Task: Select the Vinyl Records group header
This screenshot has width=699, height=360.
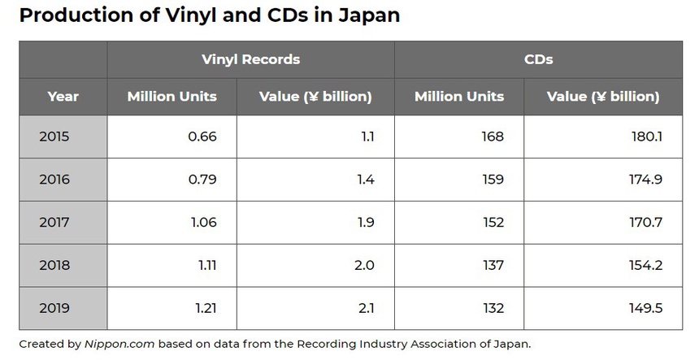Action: (x=250, y=59)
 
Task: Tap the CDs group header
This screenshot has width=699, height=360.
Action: (x=537, y=59)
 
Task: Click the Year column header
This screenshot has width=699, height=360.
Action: (x=63, y=96)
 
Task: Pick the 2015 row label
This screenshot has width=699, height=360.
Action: (x=54, y=137)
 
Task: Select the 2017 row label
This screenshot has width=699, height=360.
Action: (x=54, y=222)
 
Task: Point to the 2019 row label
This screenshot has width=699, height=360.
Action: (x=54, y=308)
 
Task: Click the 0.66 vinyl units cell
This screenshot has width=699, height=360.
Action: (x=202, y=137)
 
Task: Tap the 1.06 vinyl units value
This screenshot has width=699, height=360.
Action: (x=202, y=222)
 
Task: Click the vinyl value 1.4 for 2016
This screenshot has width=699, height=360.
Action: (x=365, y=180)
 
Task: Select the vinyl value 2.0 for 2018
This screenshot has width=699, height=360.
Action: (x=365, y=265)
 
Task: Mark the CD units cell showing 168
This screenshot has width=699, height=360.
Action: (x=492, y=137)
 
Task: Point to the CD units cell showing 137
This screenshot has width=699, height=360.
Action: (x=492, y=265)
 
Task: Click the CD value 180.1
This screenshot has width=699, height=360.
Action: (x=647, y=137)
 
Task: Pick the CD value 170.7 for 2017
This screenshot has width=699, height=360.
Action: (x=646, y=222)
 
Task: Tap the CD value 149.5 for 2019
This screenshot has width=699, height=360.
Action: (x=646, y=308)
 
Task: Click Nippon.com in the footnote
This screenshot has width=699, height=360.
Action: (x=119, y=344)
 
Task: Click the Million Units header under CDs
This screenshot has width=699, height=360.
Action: (x=459, y=96)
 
